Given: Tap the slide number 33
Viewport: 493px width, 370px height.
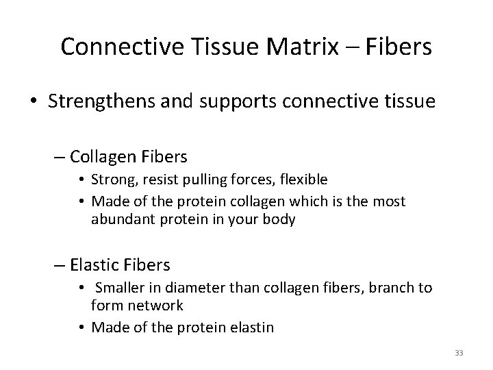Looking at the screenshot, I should (459, 354).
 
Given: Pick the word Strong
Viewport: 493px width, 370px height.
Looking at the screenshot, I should (121, 180).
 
